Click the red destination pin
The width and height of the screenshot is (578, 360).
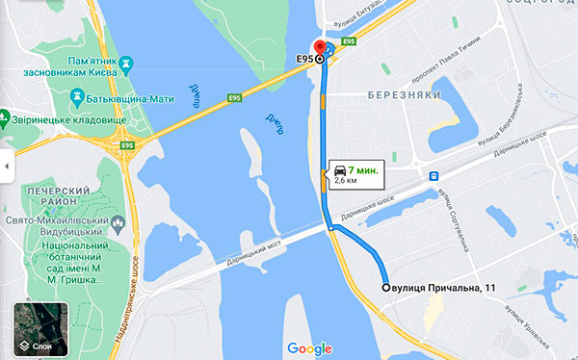coord(320,49)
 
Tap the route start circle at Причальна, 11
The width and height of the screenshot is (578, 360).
coord(386,287)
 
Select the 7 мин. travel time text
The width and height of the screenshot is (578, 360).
coord(364,169)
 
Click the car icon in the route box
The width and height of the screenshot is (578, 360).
coord(341,168)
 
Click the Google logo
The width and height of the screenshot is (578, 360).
coord(308,347)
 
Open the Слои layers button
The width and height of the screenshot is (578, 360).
coord(41,330)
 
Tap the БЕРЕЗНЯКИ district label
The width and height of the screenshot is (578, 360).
coord(404,95)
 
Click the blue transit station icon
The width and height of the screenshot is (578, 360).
coord(434,176)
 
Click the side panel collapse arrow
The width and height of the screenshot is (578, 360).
coord(5,166)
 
